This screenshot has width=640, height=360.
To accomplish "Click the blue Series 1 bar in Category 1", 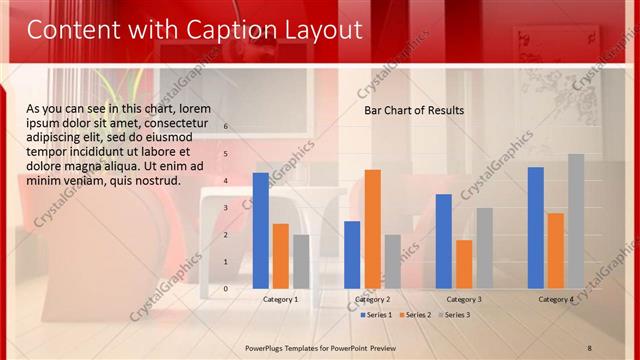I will click(x=261, y=231).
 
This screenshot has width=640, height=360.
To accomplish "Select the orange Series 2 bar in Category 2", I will click(x=373, y=229).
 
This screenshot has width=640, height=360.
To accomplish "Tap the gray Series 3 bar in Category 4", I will click(x=576, y=221).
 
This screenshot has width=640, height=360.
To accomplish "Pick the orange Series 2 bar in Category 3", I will click(x=464, y=264).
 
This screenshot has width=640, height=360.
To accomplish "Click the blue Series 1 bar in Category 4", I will click(x=536, y=228).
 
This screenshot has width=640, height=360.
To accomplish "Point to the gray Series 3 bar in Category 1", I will click(x=301, y=261).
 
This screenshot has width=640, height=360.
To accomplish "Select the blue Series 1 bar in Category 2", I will click(x=352, y=254).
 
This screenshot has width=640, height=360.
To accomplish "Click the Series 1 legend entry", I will click(x=379, y=315).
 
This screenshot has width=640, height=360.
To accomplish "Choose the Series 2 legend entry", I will click(x=417, y=315).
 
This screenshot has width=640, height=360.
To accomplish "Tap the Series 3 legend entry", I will click(x=455, y=315).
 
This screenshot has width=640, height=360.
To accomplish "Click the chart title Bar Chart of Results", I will click(x=414, y=110).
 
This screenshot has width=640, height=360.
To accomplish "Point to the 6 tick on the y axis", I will click(x=226, y=126).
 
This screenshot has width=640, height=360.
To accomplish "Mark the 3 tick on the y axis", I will click(x=226, y=207).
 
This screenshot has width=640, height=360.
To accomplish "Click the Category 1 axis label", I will click(x=281, y=299).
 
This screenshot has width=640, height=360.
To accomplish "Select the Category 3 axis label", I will click(x=464, y=299).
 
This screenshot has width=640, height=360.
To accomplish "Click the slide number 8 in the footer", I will click(x=590, y=347).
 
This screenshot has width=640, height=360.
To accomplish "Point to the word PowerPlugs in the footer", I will click(x=268, y=347).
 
